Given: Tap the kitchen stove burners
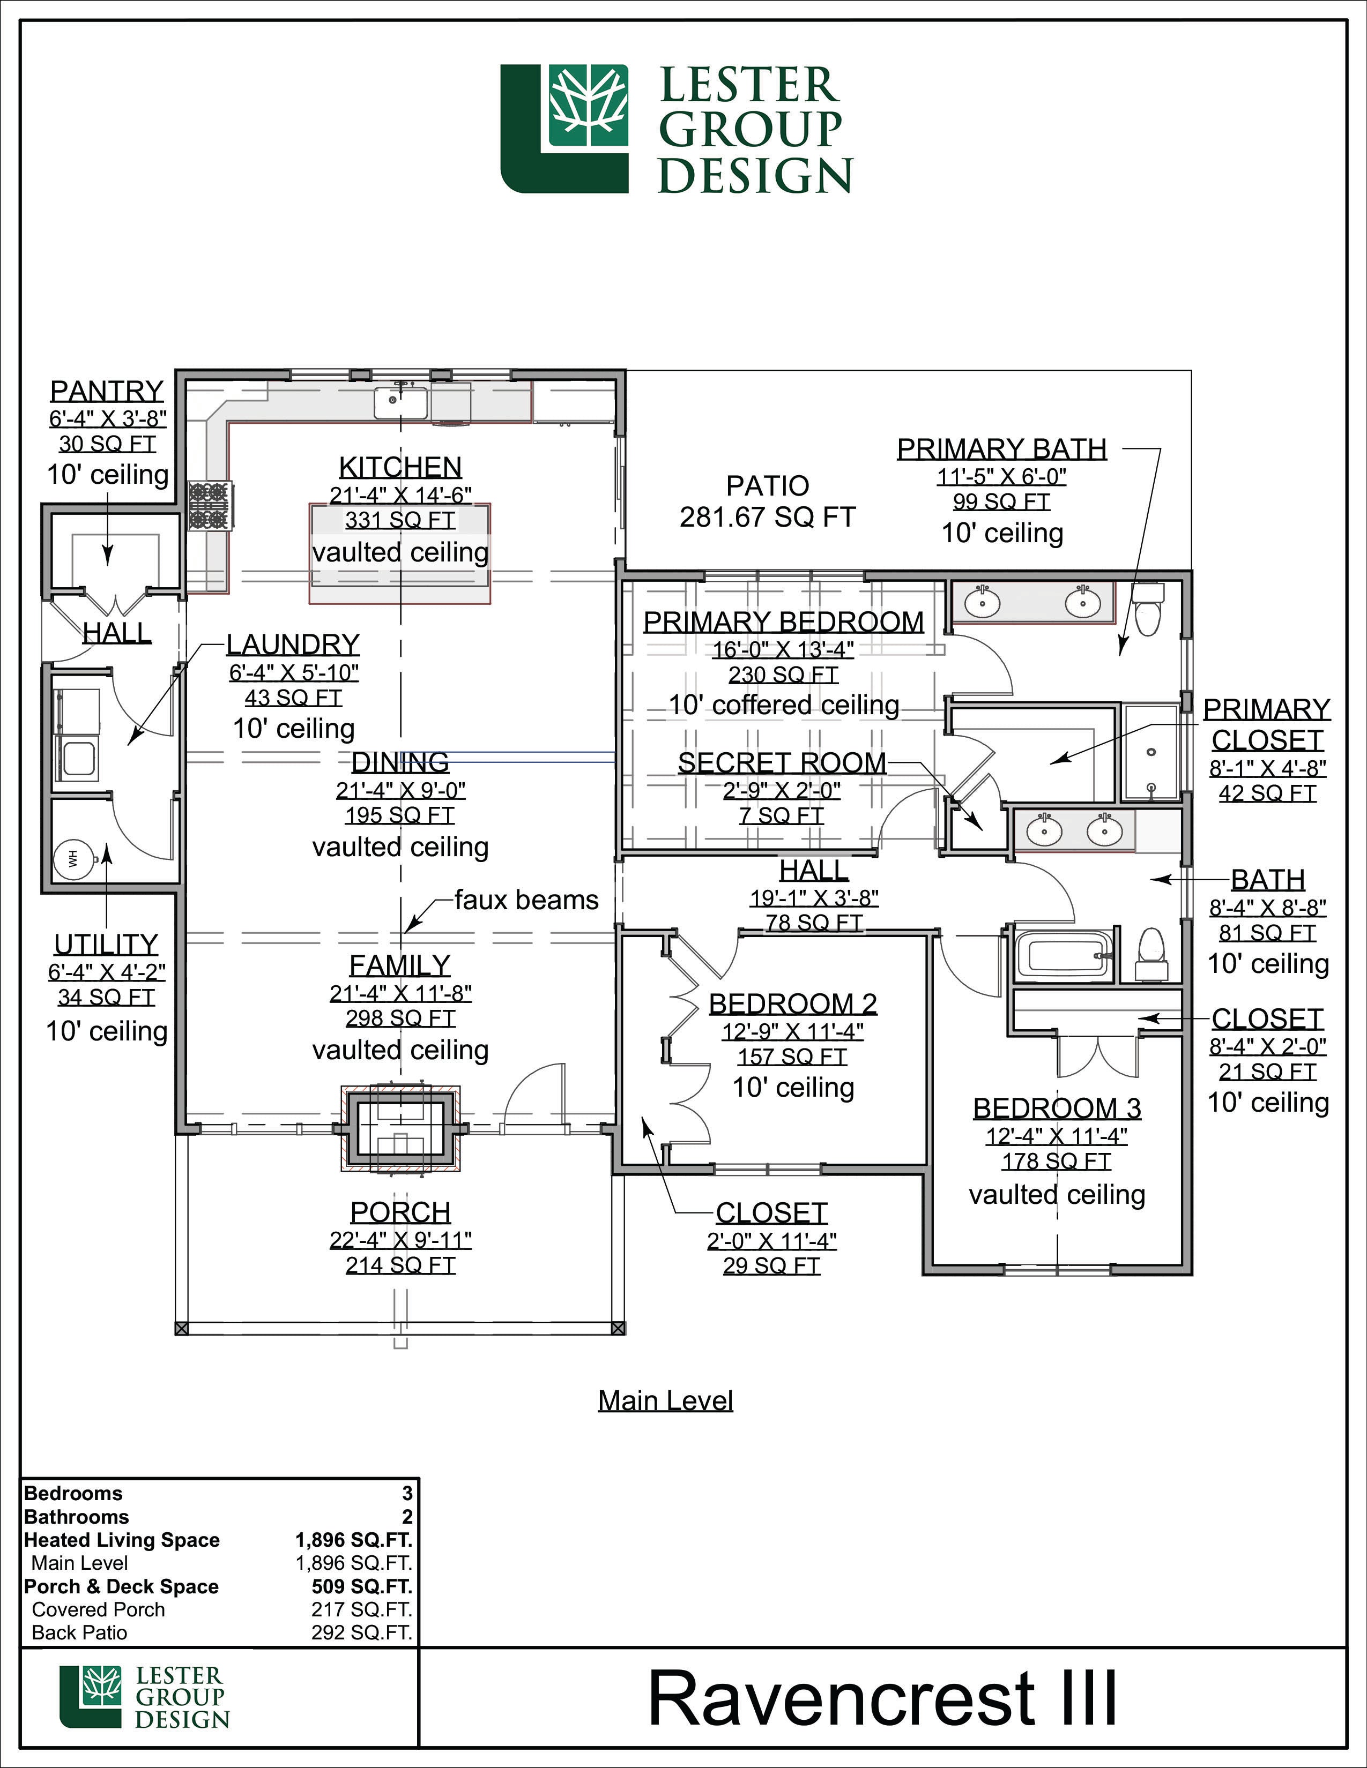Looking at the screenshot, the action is pyautogui.click(x=210, y=505).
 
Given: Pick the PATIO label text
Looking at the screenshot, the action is pyautogui.click(x=768, y=486).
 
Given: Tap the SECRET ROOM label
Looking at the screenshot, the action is pyautogui.click(x=782, y=762).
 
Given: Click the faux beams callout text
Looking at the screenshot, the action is pyautogui.click(x=526, y=900).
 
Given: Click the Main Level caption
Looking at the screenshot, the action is pyautogui.click(x=666, y=1400).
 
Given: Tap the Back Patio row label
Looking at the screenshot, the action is pyautogui.click(x=79, y=1632).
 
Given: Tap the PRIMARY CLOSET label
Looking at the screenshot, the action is pyautogui.click(x=1267, y=724).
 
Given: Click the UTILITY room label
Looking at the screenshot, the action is pyautogui.click(x=106, y=944).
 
